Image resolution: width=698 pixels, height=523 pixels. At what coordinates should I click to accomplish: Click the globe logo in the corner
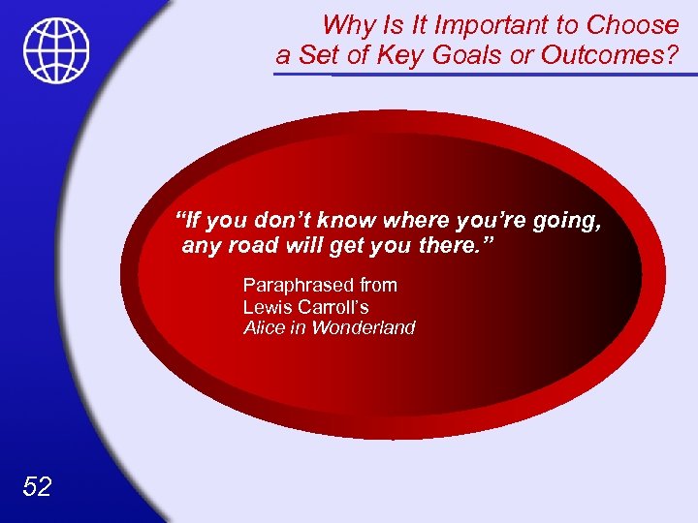[57, 50]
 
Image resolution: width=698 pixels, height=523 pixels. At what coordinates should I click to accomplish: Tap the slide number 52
[37, 485]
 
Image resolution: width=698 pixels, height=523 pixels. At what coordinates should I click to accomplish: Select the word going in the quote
[565, 221]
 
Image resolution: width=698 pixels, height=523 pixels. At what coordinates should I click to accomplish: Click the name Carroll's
[333, 307]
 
